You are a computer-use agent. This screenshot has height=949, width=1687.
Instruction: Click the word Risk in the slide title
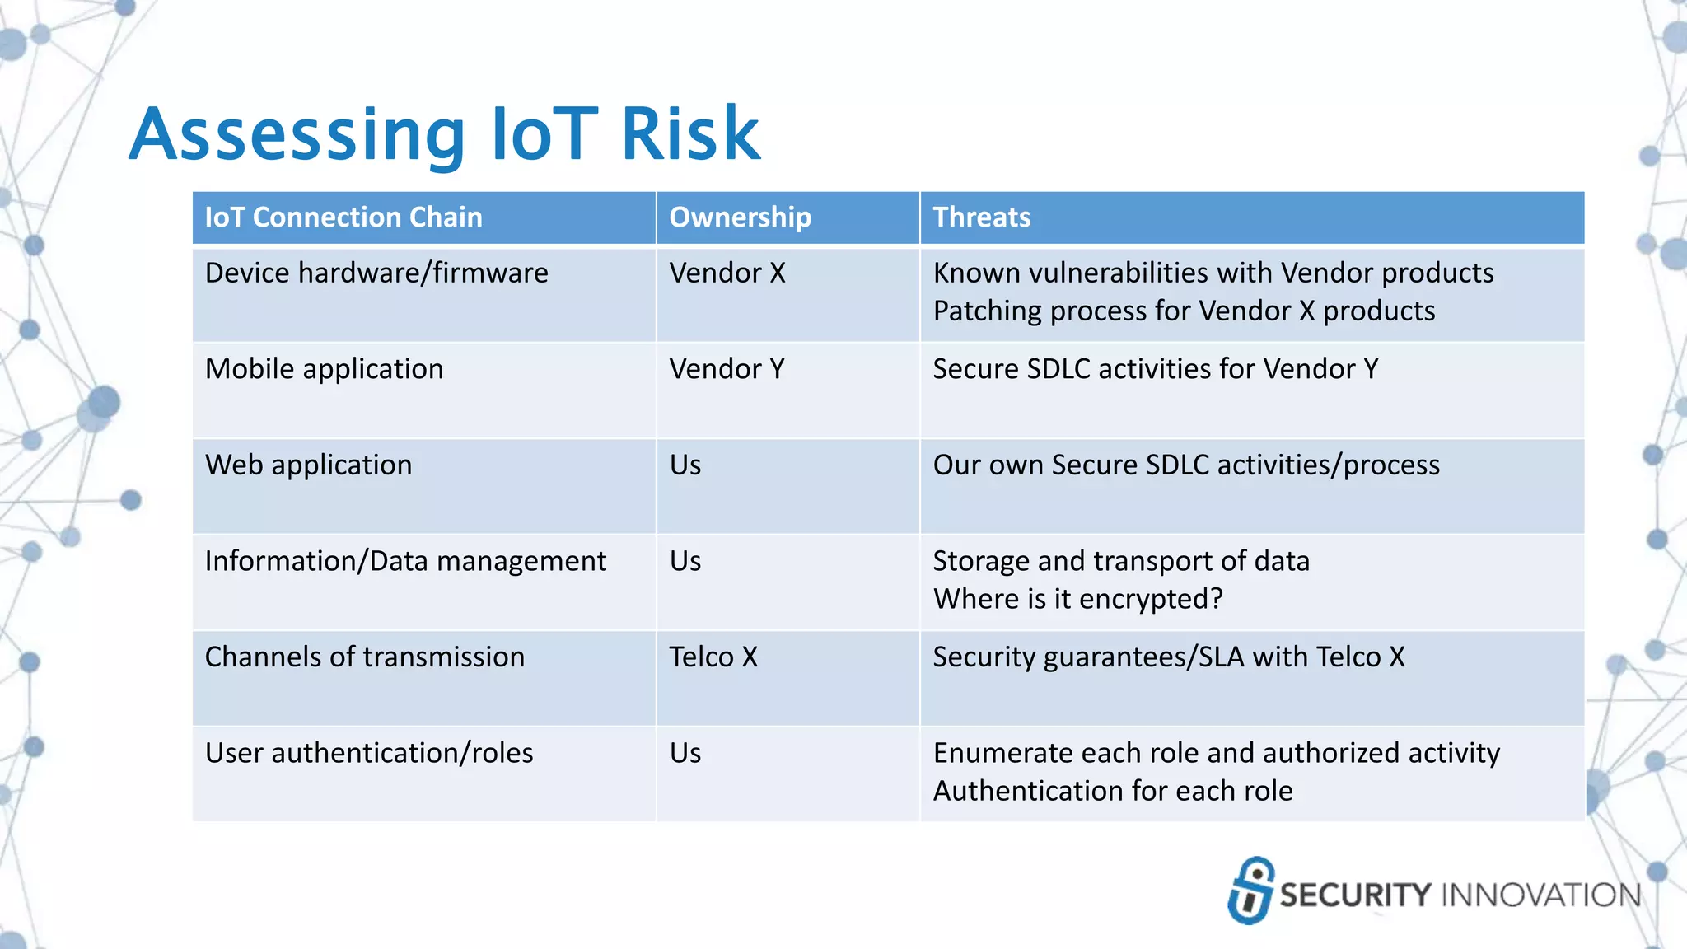[x=690, y=134]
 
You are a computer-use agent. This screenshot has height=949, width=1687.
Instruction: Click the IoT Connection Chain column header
[x=343, y=217]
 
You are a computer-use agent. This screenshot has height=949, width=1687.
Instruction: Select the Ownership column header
[x=740, y=217]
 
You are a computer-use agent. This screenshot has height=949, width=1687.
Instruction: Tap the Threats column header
[x=981, y=217]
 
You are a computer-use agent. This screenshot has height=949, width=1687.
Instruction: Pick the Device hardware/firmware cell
[x=376, y=273]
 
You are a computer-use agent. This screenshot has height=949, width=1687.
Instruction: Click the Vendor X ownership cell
[x=727, y=273]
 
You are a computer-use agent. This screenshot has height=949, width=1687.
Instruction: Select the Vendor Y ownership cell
[x=727, y=369]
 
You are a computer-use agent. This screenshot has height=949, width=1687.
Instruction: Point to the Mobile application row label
[x=324, y=369]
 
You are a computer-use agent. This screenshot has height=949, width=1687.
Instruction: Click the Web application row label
[x=308, y=465]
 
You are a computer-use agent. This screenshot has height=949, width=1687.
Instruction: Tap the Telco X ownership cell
[x=713, y=657]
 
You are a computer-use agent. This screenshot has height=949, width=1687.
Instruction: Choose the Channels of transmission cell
[x=364, y=657]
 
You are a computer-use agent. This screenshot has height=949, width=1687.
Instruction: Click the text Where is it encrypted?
[x=1077, y=599]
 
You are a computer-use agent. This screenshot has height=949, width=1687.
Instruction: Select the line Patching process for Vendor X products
[x=1184, y=311]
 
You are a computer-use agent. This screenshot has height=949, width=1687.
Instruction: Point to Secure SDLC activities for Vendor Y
[x=1155, y=369]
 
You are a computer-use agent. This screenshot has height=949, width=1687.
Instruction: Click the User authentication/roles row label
[x=369, y=753]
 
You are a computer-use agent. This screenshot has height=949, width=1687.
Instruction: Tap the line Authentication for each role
[x=1112, y=791]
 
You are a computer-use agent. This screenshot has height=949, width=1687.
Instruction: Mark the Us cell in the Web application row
[x=685, y=465]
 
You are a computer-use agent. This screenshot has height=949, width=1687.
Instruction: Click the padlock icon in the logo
[x=1250, y=891]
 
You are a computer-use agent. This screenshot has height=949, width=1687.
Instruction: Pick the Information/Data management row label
[x=405, y=561]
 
